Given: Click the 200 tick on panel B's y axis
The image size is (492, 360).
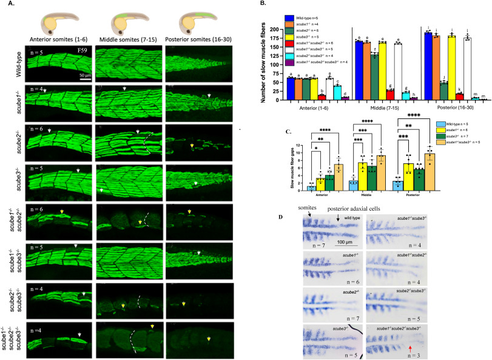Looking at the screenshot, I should (283, 29).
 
